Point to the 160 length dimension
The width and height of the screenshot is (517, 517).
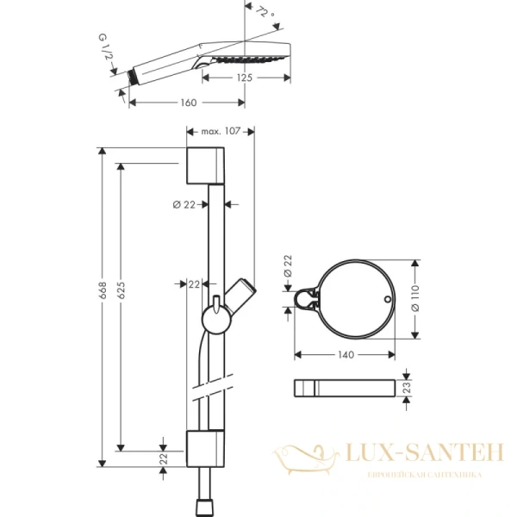(189, 103)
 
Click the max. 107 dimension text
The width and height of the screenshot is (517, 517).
(219, 131)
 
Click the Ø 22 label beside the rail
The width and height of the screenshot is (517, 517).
(184, 204)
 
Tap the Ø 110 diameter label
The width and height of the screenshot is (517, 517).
(414, 298)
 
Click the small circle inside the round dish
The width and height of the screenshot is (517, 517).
(388, 301)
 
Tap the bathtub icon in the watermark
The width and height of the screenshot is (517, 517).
(298, 454)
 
